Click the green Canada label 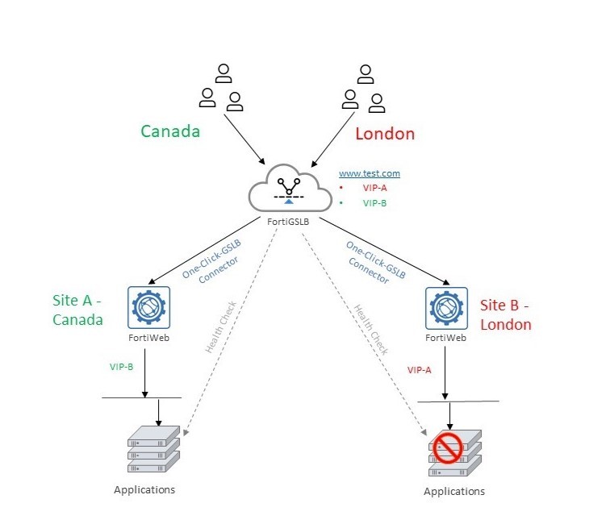(x=170, y=131)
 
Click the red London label (x=385, y=134)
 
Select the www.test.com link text (x=369, y=173)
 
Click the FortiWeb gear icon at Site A (x=148, y=307)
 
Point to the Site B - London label (x=506, y=315)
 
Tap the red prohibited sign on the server (x=447, y=446)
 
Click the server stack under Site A (x=152, y=449)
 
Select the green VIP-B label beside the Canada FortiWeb (x=122, y=366)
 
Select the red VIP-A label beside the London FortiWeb (x=420, y=369)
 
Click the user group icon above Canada (x=221, y=89)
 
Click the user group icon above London (x=363, y=89)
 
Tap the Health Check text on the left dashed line (x=219, y=327)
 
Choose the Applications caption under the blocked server (x=454, y=491)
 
